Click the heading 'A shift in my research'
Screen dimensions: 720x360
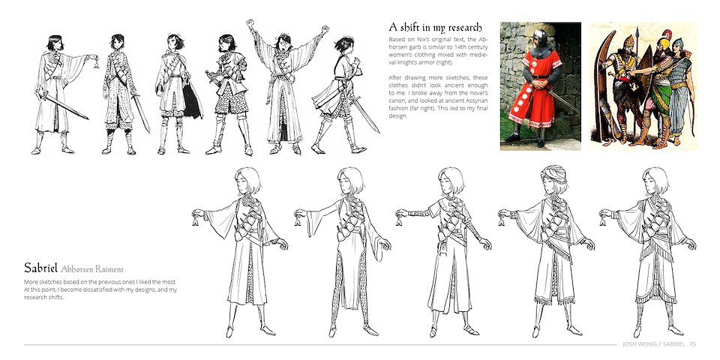435,28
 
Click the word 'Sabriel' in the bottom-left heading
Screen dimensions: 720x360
40,268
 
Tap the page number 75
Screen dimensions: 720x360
692,344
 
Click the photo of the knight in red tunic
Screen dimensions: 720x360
541,86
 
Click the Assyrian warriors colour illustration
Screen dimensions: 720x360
643,86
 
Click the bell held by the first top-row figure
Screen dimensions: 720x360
96,63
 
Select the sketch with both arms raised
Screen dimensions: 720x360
287,87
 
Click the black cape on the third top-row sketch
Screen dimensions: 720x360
191,102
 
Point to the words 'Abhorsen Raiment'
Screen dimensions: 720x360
92,269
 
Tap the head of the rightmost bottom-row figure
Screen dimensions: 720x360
655,181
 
